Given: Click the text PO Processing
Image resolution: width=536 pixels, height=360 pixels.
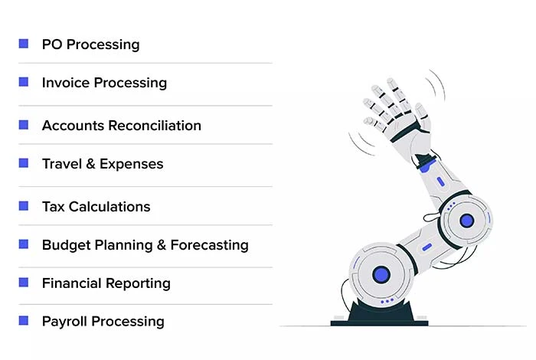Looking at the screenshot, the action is [x=90, y=44].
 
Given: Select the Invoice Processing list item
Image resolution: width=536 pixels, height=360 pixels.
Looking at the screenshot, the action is [x=104, y=83].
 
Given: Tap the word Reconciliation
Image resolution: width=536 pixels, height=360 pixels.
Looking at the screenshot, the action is [x=155, y=126].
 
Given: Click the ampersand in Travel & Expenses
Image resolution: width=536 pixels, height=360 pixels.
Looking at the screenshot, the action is [x=90, y=164].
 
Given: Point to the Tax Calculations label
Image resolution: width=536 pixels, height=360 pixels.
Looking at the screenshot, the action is [x=96, y=207].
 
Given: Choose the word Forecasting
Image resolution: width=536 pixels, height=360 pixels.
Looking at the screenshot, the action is [x=209, y=245].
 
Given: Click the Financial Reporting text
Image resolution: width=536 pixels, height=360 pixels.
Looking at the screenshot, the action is [x=106, y=283].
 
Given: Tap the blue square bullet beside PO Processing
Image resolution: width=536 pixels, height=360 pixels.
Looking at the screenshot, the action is [x=24, y=44].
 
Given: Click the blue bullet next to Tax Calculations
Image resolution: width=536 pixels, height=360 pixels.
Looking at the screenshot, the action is [x=24, y=206].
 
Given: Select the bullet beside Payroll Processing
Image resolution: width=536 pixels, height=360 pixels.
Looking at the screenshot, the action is [x=24, y=321].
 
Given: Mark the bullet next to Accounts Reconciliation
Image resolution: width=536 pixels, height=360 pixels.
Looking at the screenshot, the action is [x=24, y=125].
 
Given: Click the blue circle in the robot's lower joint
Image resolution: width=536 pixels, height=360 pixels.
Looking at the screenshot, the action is [x=381, y=274].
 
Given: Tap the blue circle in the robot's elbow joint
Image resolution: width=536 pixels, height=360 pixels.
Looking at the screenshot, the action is [x=467, y=221].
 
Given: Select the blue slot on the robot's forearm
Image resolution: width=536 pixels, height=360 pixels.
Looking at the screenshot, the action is [x=440, y=182].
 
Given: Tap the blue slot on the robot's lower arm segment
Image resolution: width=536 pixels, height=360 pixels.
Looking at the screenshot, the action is [x=427, y=247].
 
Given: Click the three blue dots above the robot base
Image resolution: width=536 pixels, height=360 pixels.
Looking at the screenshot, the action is [x=387, y=301].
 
